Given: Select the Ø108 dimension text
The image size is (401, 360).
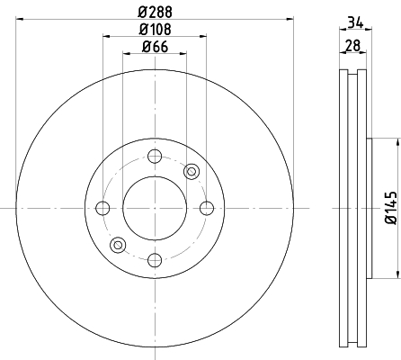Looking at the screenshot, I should pos(156,29).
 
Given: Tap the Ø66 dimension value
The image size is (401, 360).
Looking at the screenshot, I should pos(156,48).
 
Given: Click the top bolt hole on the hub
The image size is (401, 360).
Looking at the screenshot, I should pos(155,157).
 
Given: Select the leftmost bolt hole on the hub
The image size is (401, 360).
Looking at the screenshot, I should pos(102,209).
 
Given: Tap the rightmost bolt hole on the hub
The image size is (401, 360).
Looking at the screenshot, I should pos(207,209).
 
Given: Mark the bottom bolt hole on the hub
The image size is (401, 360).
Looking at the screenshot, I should pos(155,261).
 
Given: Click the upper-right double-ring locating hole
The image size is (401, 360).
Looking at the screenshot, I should pos(191,172).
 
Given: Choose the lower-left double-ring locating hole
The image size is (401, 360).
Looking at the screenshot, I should pos(117,245).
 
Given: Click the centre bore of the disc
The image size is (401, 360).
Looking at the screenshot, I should pos(155,209).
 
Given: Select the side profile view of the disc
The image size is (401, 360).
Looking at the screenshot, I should pos(353,209).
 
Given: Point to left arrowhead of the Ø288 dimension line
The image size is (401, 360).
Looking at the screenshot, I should pos(19,17).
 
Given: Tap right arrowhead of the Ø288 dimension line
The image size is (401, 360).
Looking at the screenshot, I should pos(290,17).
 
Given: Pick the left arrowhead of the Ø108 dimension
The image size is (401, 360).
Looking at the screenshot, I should pos(106,37).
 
